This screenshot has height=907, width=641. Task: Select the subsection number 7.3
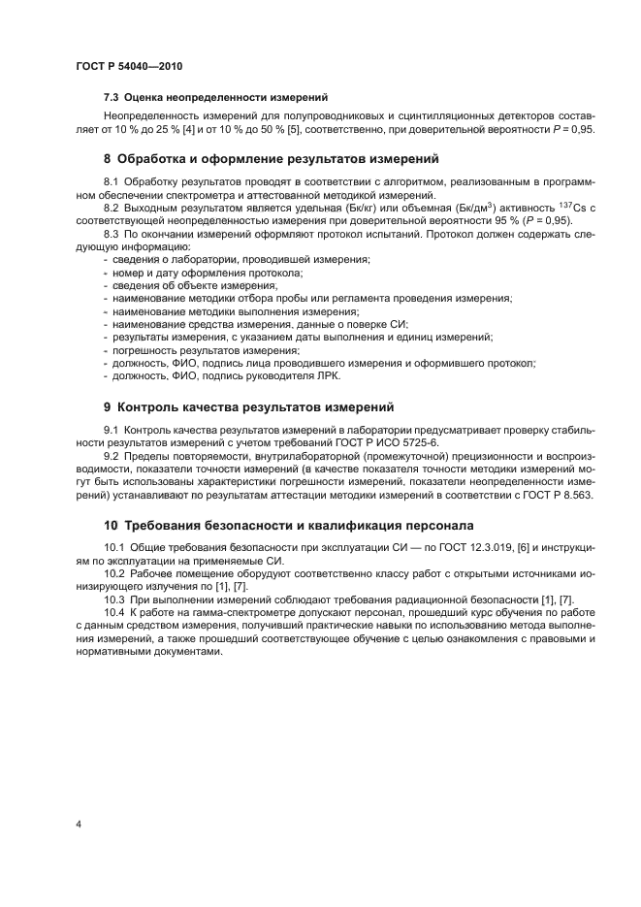(x=112, y=97)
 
